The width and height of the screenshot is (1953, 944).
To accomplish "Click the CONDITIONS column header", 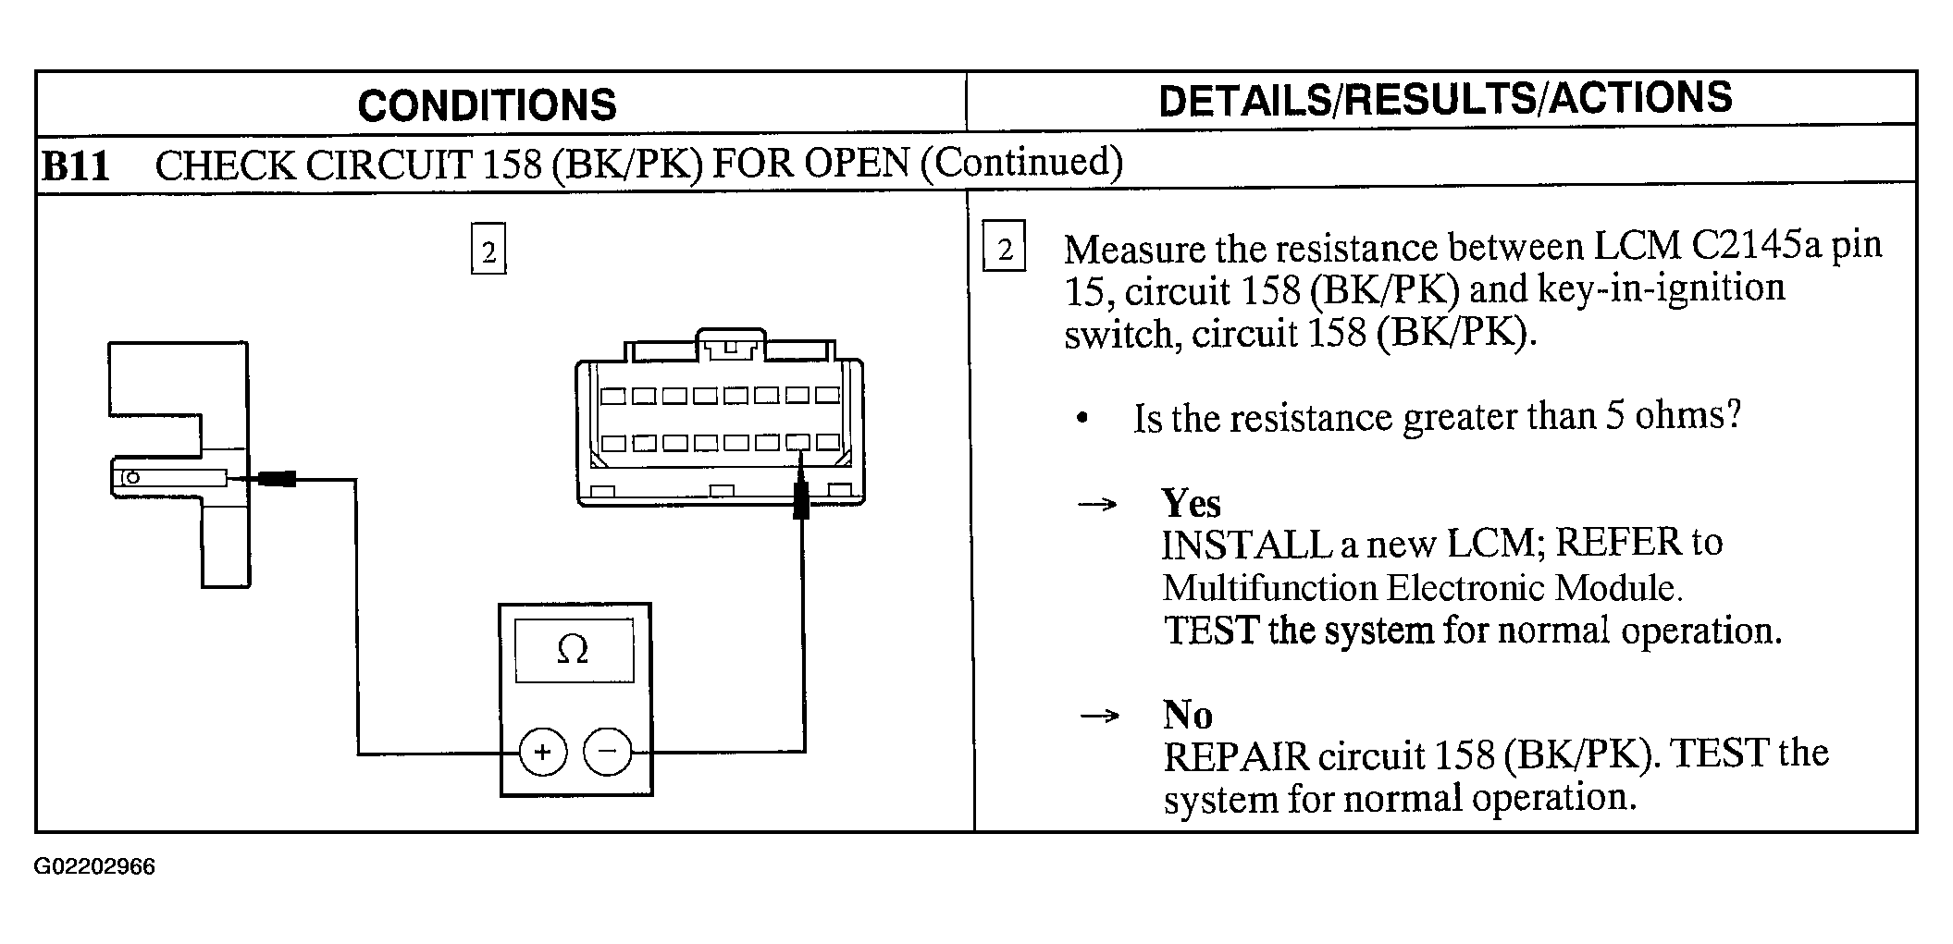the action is [x=487, y=104].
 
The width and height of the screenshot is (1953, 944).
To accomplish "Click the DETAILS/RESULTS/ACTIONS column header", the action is [x=1445, y=99].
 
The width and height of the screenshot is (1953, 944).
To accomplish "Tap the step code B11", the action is [x=76, y=166].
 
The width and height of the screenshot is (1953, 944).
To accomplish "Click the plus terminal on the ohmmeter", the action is [x=543, y=752].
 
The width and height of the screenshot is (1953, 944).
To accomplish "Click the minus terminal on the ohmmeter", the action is [x=608, y=751].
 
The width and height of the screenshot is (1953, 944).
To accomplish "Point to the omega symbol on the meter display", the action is [x=573, y=650].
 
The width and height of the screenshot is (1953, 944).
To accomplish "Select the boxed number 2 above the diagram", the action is [x=488, y=251].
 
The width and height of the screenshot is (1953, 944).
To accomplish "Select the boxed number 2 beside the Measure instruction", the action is [x=1005, y=247].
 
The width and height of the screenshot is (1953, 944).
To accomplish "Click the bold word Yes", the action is [x=1191, y=503].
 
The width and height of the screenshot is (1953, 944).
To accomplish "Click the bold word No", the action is [x=1187, y=714].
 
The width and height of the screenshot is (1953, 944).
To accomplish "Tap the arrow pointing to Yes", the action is [x=1098, y=505].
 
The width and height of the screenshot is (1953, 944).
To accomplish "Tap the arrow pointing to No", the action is [x=1100, y=716].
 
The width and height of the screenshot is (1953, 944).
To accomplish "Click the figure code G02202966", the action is [x=94, y=867].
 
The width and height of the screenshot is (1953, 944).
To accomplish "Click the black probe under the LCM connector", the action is [x=801, y=499].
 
